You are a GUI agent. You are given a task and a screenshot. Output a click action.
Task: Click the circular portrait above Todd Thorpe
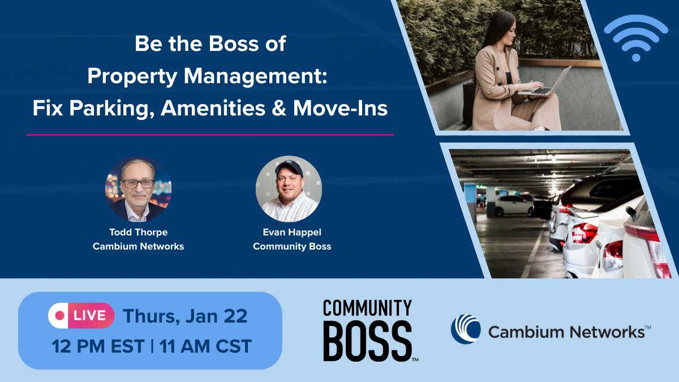138,189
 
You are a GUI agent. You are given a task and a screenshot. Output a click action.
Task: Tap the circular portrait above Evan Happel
289,189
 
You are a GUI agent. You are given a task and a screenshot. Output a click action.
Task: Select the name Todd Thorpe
138,233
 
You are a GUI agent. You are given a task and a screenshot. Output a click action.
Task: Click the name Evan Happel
292,233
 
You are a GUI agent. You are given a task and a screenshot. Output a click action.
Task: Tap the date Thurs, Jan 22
185,316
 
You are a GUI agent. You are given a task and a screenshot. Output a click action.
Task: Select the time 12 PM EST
97,345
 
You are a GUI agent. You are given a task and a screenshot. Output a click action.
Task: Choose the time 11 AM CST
205,345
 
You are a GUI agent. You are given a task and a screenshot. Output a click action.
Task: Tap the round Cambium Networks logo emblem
465,329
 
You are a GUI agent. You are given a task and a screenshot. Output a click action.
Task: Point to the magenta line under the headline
210,135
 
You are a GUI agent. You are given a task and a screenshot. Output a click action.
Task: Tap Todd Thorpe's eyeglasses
137,183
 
